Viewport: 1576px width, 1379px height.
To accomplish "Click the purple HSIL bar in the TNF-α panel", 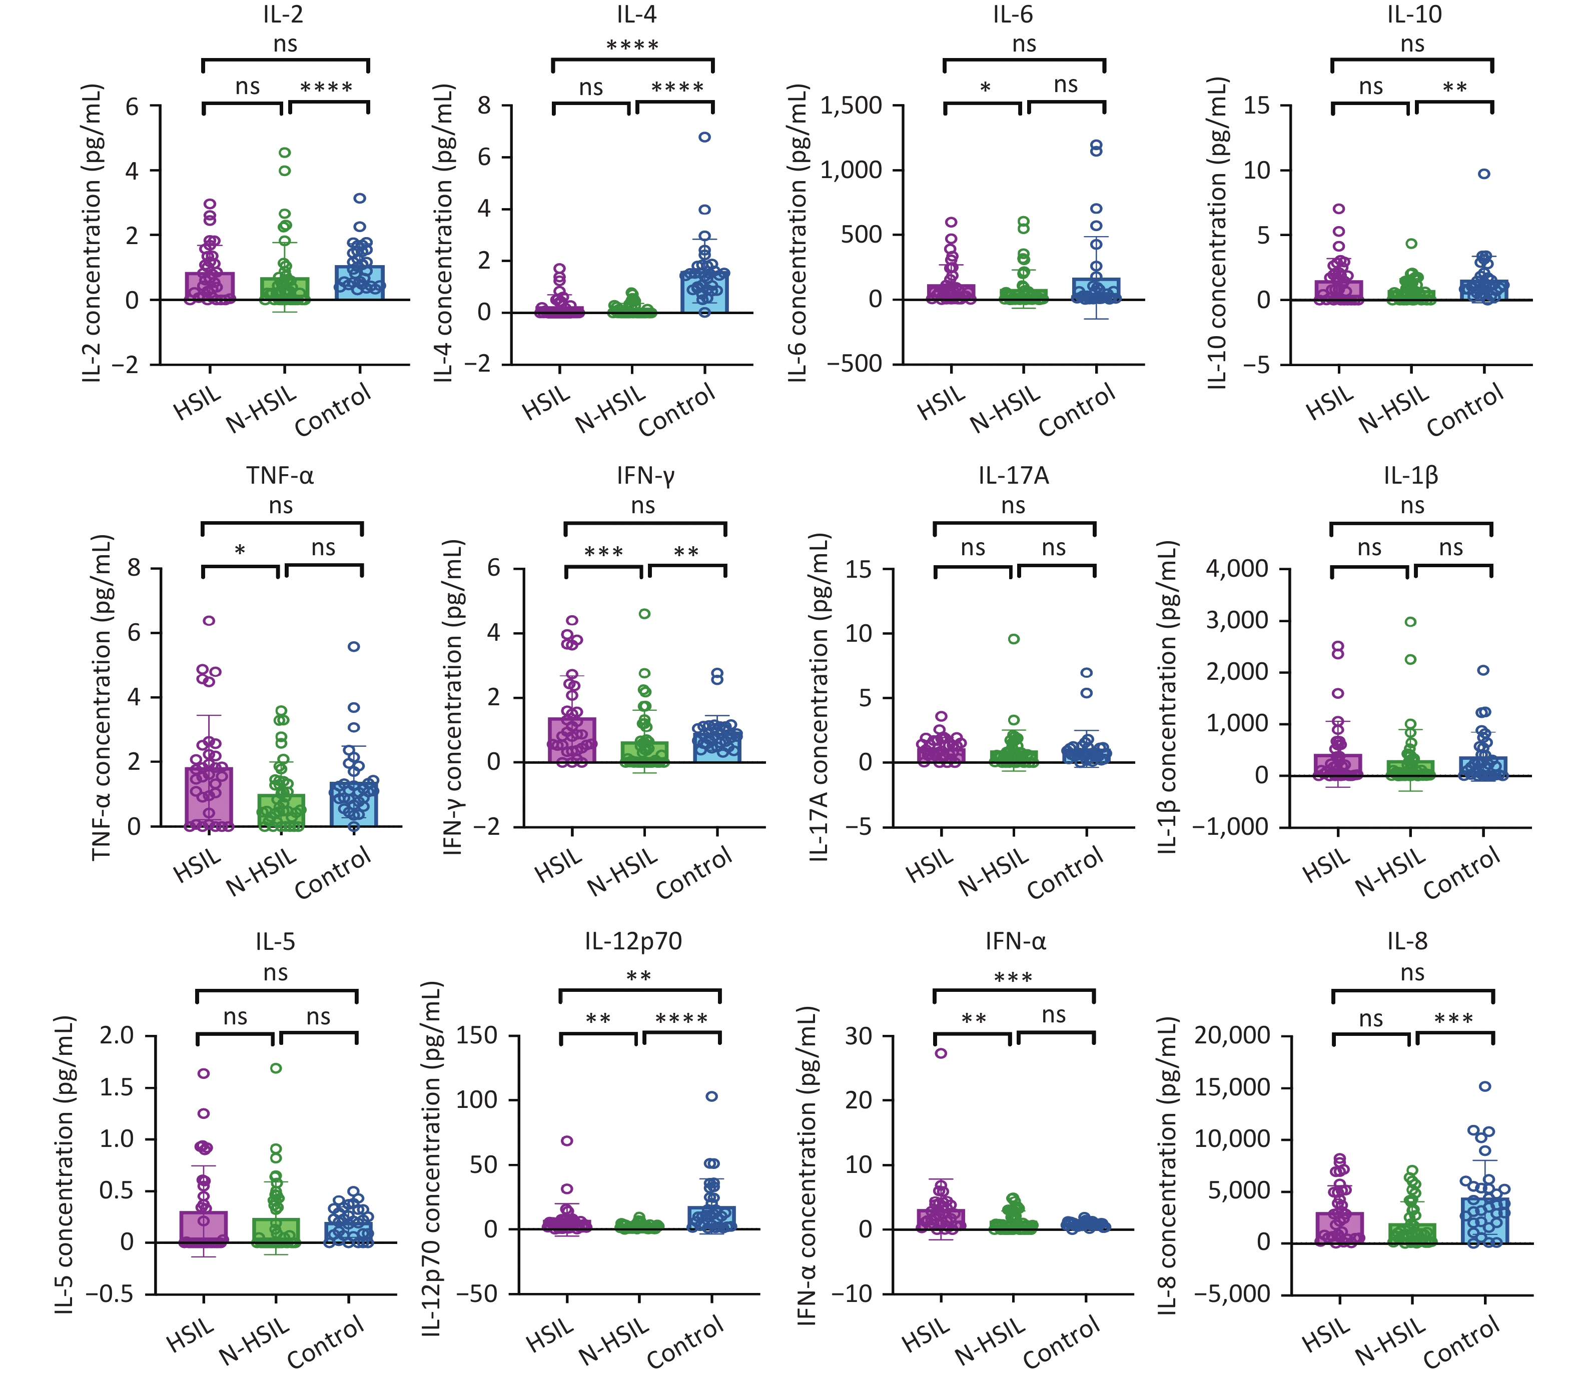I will tap(209, 796).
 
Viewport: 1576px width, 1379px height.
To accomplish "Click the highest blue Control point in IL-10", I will tap(1484, 174).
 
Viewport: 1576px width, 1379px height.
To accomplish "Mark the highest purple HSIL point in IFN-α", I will tap(941, 1053).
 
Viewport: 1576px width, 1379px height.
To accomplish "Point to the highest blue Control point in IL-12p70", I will tap(712, 1096).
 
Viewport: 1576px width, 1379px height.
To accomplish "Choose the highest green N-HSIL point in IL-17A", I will tap(1014, 639).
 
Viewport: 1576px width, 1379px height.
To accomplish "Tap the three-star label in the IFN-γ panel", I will tap(604, 552).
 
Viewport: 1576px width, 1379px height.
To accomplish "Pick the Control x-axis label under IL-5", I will tap(326, 1341).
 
